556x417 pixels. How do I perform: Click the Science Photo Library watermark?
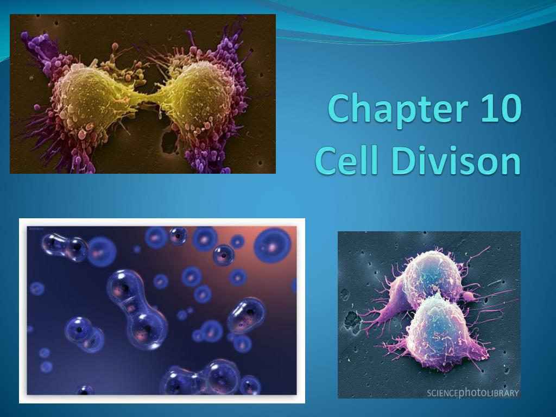472,393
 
